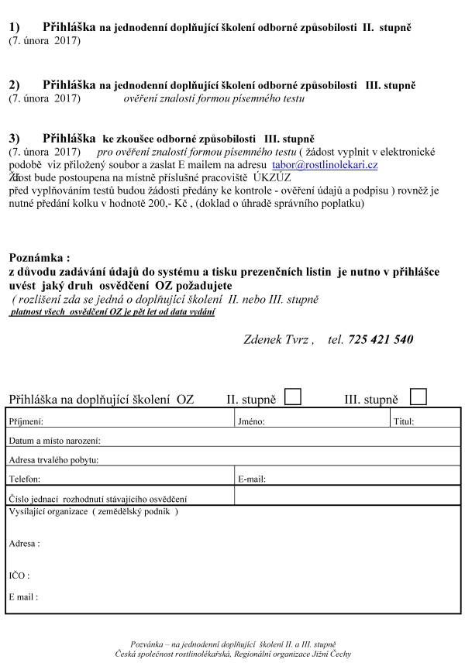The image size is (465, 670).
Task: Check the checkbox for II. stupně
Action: tap(293, 397)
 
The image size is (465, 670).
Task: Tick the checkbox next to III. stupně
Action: tap(418, 397)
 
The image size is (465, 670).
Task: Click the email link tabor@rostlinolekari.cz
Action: tap(325, 166)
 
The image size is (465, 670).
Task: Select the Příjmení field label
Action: tap(26, 422)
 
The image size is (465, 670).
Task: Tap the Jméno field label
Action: tap(252, 422)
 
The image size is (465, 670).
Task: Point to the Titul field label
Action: tap(404, 422)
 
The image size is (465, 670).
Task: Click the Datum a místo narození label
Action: tap(55, 441)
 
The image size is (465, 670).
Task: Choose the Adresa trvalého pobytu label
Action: tap(53, 460)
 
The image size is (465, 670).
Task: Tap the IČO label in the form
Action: tap(19, 576)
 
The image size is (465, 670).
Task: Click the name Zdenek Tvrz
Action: tap(277, 339)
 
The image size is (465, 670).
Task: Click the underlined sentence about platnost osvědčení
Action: tap(112, 311)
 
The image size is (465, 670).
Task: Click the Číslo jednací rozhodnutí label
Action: tap(98, 499)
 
